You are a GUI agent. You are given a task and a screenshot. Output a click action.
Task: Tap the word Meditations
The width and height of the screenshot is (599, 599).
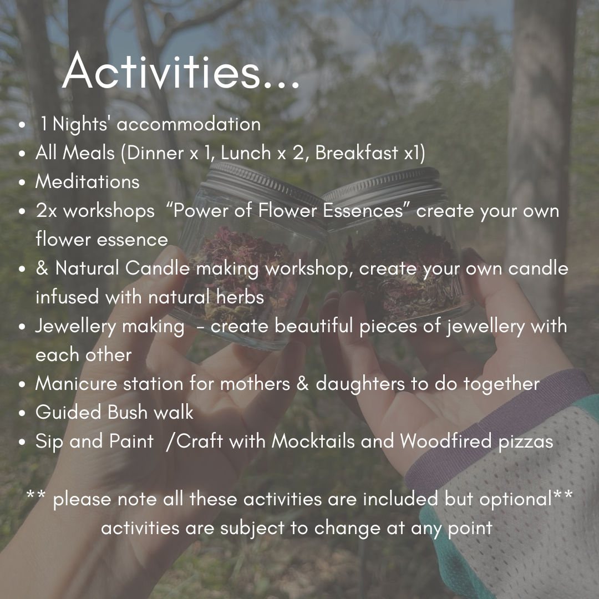(88, 182)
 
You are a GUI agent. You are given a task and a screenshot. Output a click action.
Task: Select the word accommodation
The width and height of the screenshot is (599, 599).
(189, 124)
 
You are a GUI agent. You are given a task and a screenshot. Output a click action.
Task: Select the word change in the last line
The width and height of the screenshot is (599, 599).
(348, 528)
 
